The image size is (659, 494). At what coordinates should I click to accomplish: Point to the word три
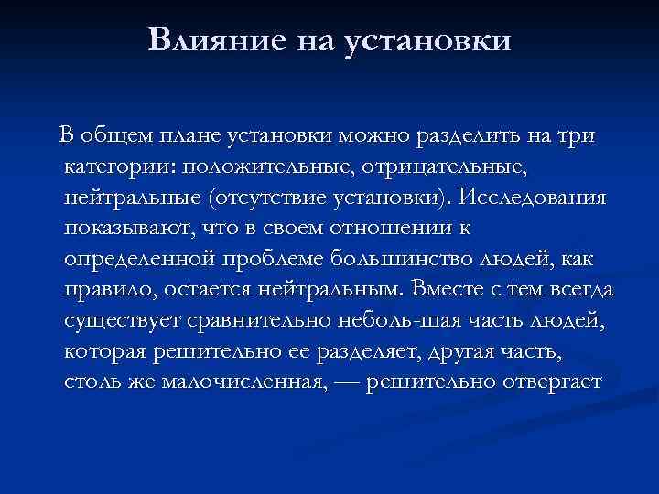574,137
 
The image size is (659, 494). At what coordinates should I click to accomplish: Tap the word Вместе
451,290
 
